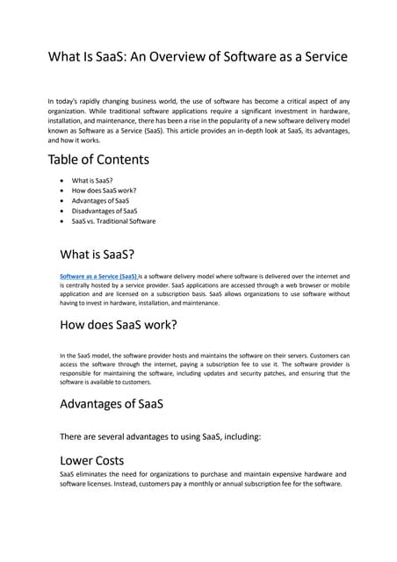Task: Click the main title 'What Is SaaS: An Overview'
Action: (198, 57)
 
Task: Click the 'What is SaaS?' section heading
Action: (97, 255)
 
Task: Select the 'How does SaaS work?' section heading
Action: (119, 325)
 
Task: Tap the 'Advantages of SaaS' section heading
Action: (112, 404)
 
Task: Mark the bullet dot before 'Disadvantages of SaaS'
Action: (61, 212)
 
